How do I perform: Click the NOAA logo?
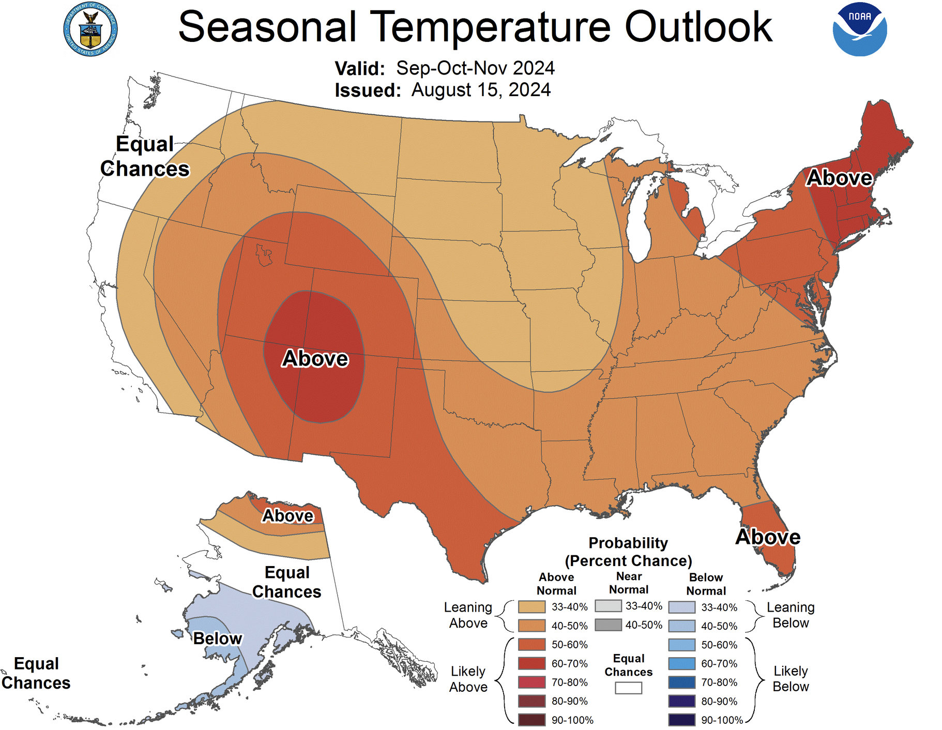pyautogui.click(x=859, y=29)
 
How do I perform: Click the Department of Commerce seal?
pyautogui.click(x=90, y=29)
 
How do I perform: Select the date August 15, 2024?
pyautogui.click(x=481, y=90)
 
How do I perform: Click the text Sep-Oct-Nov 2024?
pyautogui.click(x=475, y=68)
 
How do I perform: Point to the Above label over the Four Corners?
pyautogui.click(x=315, y=358)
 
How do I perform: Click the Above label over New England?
pyautogui.click(x=839, y=178)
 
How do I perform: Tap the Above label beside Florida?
pyautogui.click(x=768, y=537)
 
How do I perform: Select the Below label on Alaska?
pyautogui.click(x=217, y=638)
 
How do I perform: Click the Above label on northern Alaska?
pyautogui.click(x=287, y=515)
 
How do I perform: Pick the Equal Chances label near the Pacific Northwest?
pyautogui.click(x=145, y=156)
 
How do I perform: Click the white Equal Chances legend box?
pyautogui.click(x=628, y=688)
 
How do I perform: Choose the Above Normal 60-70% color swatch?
pyautogui.click(x=531, y=663)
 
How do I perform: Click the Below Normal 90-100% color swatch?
pyautogui.click(x=681, y=720)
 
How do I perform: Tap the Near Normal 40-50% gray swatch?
pyautogui.click(x=607, y=625)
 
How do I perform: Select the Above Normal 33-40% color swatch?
pyautogui.click(x=531, y=607)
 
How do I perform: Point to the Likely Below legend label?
pyautogui.click(x=790, y=678)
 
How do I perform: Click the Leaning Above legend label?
pyautogui.click(x=468, y=615)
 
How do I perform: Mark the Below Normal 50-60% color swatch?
pyautogui.click(x=681, y=645)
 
